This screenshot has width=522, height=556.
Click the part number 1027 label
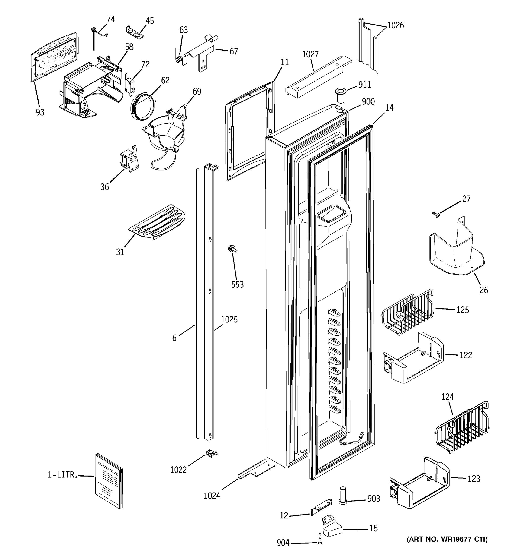(310, 54)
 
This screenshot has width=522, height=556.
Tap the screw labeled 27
(435, 214)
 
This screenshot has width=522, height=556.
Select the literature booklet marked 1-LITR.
(109, 481)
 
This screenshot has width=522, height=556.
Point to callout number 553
(237, 285)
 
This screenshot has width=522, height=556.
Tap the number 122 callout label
(466, 355)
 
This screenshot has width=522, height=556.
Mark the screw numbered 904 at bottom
(320, 541)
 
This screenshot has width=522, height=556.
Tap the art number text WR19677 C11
(447, 539)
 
